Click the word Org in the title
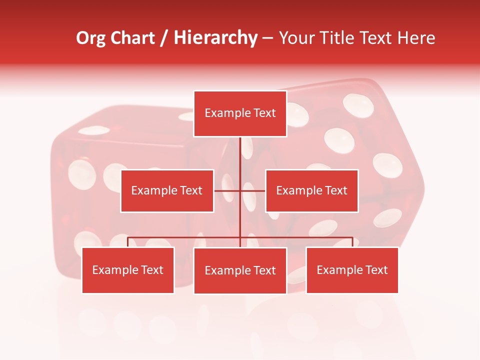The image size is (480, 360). pos(90,38)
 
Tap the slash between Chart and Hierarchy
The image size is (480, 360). pos(164,38)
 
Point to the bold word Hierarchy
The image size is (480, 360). pos(215,38)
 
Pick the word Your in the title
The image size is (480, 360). pos(295,38)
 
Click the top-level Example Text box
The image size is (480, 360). pos(240,113)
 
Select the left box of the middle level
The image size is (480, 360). pos(167,190)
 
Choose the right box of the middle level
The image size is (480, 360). pos(311,190)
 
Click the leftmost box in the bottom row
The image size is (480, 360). pos(127,270)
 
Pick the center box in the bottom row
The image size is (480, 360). pos(240,270)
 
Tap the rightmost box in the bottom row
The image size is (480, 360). pos(352,270)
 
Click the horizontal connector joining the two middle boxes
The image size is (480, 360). pos(252,190)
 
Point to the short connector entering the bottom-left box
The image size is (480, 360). pos(128,242)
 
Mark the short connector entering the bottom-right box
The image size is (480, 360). pos(352,242)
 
